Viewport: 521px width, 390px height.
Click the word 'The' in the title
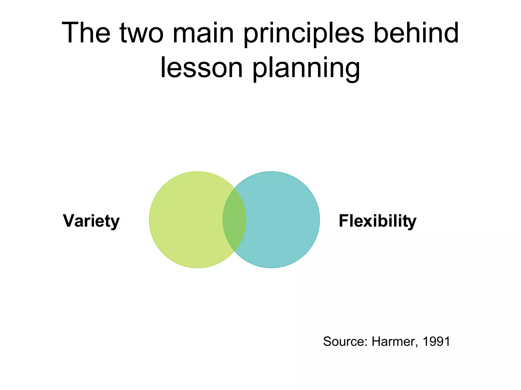point(86,33)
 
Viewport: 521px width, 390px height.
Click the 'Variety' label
point(91,221)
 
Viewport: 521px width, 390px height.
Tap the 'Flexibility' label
point(378,221)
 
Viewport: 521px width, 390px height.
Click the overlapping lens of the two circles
point(235,220)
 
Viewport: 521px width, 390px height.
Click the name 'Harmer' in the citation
point(393,342)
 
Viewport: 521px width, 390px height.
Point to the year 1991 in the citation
point(436,342)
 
